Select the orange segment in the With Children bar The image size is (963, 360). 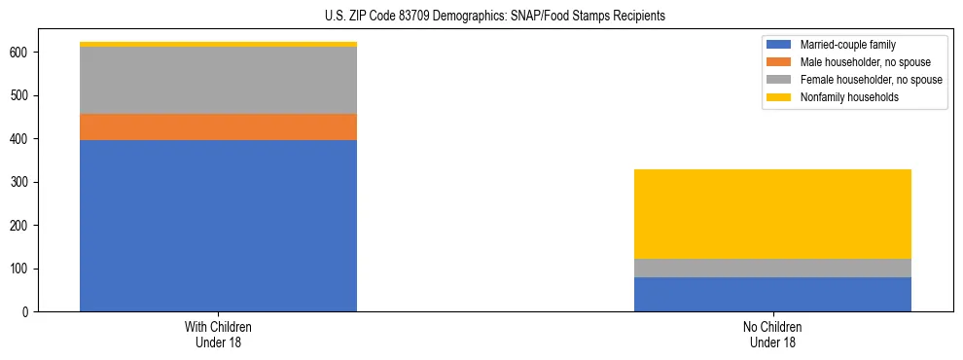click(x=218, y=126)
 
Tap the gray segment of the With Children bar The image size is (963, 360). click(x=218, y=80)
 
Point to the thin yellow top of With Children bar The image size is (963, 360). click(x=218, y=44)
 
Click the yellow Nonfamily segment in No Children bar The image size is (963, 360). click(x=772, y=214)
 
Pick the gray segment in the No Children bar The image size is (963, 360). click(x=772, y=269)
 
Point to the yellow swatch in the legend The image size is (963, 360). click(x=779, y=97)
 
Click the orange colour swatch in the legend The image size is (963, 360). click(x=779, y=62)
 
